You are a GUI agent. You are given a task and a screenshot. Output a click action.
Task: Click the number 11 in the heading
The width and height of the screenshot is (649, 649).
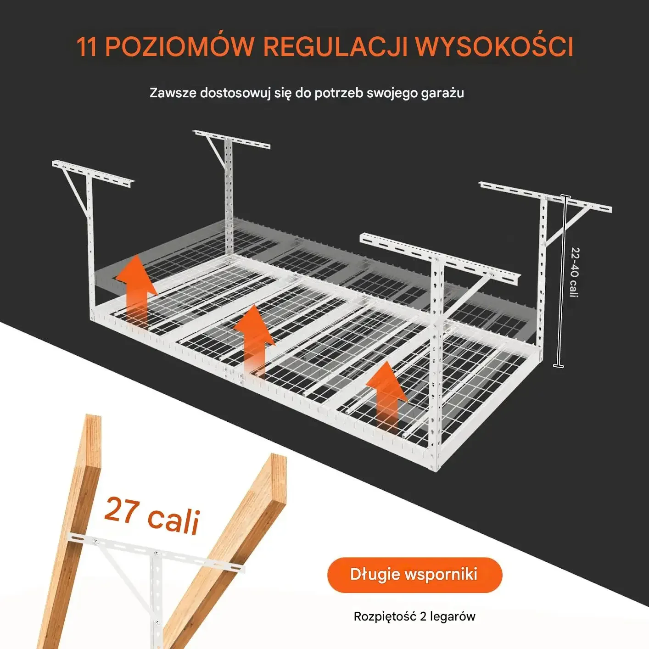87,47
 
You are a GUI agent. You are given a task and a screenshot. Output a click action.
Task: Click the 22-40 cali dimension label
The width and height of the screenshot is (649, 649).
575,272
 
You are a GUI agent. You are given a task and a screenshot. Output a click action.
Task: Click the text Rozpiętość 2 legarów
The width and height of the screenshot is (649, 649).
414,616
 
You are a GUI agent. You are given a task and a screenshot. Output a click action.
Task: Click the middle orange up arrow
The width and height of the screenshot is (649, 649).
254,342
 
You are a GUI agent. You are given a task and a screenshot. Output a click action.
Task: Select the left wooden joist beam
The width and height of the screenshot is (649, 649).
69,532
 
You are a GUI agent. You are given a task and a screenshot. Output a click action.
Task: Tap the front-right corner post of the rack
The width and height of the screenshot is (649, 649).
437,364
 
